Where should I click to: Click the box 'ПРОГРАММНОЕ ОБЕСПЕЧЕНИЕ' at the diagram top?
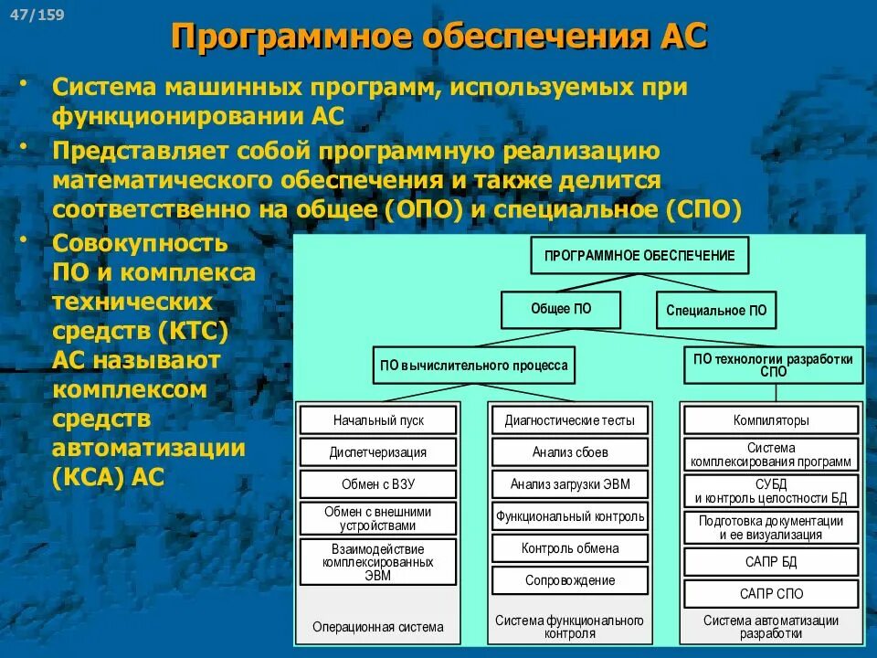pos(639,256)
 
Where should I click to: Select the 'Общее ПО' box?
pos(561,310)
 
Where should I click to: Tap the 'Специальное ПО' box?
pos(716,311)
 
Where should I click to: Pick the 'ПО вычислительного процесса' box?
pos(474,366)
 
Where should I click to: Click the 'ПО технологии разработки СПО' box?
pos(773,365)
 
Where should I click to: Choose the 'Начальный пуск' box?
pos(378,420)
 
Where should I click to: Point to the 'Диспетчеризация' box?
pos(378,452)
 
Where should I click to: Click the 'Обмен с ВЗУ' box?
pos(378,484)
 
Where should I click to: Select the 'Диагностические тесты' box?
pos(570,420)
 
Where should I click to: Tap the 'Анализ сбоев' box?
pos(570,452)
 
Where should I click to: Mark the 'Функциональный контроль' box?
pos(570,516)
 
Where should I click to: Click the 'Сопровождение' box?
pos(570,580)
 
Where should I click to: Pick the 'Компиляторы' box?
pos(771,420)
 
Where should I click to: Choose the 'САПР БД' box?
pos(771,561)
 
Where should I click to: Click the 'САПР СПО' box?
pos(771,594)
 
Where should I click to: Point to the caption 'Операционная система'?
pos(378,627)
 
